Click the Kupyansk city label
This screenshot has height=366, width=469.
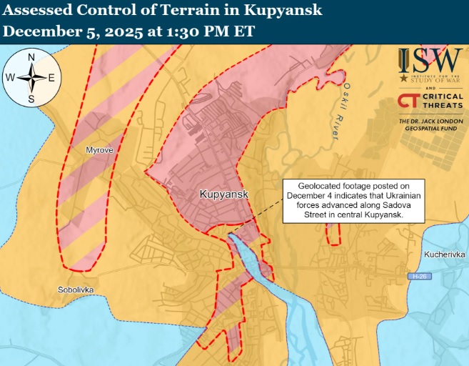coord(223,194)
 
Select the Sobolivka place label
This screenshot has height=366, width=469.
coord(76,290)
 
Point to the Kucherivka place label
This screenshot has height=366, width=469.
coord(444,254)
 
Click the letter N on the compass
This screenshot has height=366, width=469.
coord(31,58)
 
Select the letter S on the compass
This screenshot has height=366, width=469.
coord(31,99)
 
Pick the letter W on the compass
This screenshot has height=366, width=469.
coord(10,78)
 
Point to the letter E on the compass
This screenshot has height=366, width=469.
coord(52,78)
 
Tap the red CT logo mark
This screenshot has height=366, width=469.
coord(408,102)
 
